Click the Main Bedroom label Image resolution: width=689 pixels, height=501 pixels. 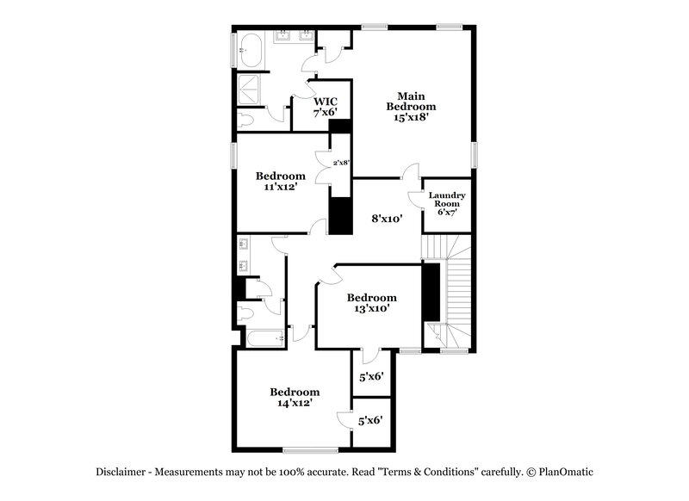point(411,101)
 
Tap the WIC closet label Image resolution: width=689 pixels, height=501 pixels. point(325,100)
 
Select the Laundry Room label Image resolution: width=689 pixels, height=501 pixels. point(447,200)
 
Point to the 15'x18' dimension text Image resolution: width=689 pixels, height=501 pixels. point(411,118)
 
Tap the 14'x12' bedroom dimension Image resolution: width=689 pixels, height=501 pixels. point(294,402)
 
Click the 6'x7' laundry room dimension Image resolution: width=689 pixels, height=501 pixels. point(447,212)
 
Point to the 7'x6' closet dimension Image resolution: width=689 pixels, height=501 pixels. point(325,112)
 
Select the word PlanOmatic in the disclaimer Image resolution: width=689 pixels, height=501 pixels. point(566,472)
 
